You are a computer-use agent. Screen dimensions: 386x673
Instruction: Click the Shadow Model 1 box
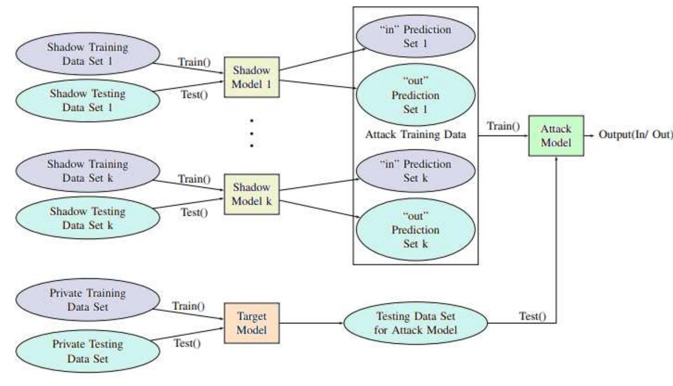pos(252,77)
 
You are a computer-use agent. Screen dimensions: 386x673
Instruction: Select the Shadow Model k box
pos(252,194)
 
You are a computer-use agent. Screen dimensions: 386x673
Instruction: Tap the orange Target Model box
pos(252,323)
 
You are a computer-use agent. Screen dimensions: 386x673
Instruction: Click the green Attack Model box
pos(556,136)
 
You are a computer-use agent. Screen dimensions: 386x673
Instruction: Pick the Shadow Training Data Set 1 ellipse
pos(87,54)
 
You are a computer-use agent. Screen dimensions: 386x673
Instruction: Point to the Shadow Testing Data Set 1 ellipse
pos(87,101)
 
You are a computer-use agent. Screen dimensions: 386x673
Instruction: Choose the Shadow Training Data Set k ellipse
pos(87,171)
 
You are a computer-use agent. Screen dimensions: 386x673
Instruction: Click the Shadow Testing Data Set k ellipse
pos(87,218)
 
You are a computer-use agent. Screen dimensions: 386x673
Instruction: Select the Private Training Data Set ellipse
pos(87,300)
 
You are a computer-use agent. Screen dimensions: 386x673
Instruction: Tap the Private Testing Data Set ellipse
pos(87,351)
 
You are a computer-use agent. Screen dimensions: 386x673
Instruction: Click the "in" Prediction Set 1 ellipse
pos(415,37)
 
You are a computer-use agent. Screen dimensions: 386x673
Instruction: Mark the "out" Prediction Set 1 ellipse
pos(415,95)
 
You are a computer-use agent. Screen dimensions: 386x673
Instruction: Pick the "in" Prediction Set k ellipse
pos(415,171)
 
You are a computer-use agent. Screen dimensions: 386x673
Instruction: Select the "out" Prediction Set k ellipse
pos(415,230)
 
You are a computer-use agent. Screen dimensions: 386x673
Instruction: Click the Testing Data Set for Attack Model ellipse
pos(415,323)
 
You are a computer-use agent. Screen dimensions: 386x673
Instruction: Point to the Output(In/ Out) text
pos(635,134)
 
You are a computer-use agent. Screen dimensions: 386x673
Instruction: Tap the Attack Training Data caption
pos(415,134)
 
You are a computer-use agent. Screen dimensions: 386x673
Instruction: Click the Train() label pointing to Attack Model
pos(503,126)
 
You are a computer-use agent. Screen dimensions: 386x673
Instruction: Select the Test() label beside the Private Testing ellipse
pos(187,343)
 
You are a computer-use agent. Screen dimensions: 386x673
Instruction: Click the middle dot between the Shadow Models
pos(252,134)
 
